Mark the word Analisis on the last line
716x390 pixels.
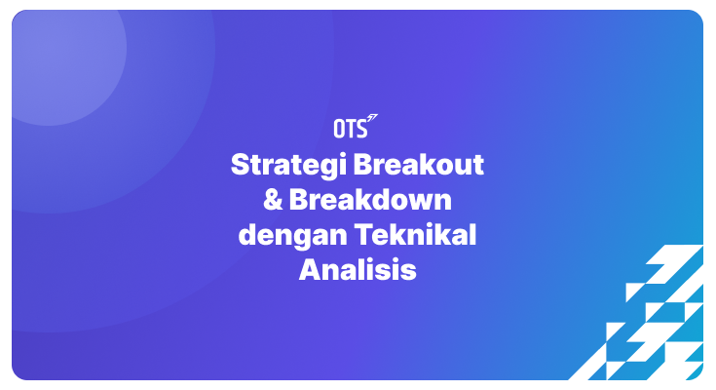(x=358, y=270)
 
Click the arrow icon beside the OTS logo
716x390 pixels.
(x=372, y=120)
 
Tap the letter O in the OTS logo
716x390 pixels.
(x=338, y=128)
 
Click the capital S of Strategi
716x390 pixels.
(x=239, y=164)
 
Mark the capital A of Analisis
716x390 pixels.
(x=308, y=270)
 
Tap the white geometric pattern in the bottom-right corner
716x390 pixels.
(x=653, y=322)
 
